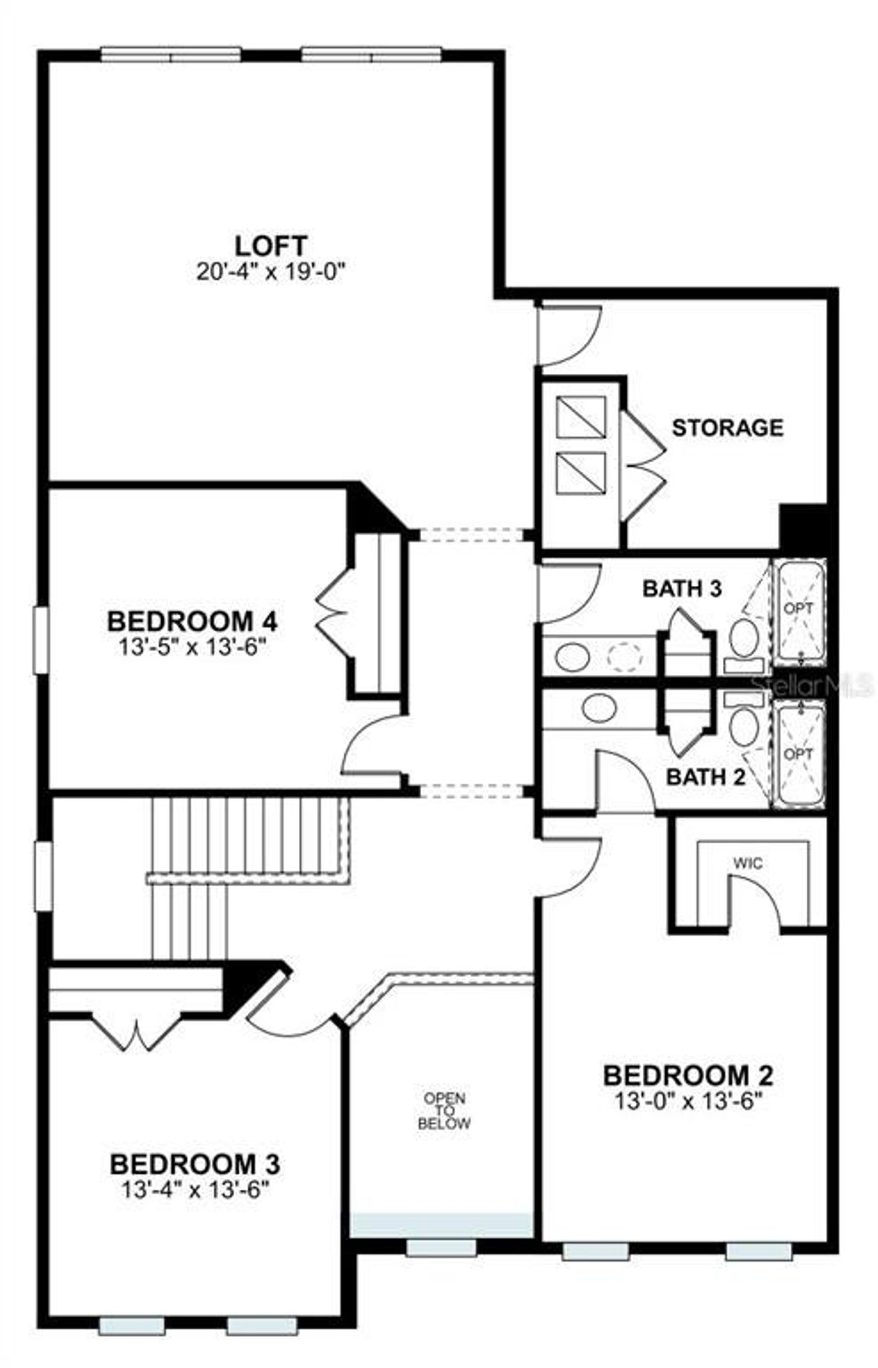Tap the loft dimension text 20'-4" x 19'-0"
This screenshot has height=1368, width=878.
click(270, 272)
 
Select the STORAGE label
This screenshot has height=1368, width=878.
click(727, 427)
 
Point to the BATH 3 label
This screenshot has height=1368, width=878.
click(682, 588)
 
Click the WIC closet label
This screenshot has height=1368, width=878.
click(748, 863)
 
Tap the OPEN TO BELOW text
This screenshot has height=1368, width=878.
click(444, 1111)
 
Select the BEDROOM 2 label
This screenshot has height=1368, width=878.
click(688, 1074)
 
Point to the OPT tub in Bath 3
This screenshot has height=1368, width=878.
click(798, 609)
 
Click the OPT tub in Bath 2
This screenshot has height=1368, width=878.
click(798, 753)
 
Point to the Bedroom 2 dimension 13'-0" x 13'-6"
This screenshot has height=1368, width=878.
click(688, 1101)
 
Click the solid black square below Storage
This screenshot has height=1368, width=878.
click(803, 526)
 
